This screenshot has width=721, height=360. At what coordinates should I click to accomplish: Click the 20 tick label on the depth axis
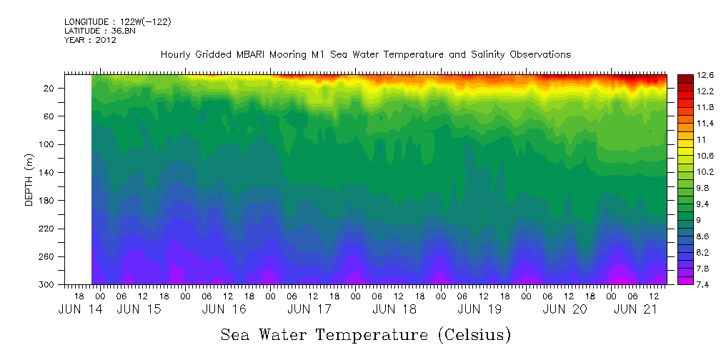50,88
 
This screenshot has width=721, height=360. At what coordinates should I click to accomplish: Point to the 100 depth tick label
48,144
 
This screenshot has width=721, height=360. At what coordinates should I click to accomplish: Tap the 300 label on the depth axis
48,284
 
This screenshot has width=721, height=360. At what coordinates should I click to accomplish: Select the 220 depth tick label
48,229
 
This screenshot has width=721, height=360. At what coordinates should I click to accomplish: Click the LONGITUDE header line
118,22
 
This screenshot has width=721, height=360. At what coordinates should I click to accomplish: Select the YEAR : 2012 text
90,40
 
